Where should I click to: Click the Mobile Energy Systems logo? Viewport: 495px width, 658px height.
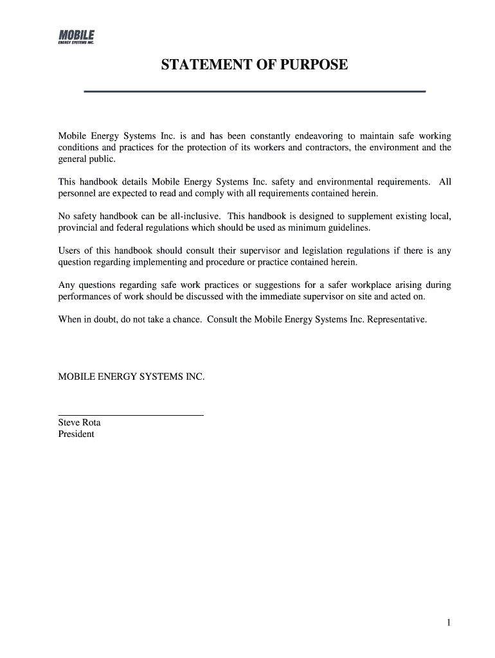(x=76, y=37)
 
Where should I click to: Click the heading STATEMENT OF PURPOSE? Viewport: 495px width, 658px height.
(x=255, y=65)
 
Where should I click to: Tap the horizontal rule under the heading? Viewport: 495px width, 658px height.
(x=255, y=92)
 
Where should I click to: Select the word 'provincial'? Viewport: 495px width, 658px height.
(x=78, y=227)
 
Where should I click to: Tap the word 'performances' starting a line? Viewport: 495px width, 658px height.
(x=85, y=297)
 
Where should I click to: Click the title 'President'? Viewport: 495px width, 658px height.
(x=76, y=434)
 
